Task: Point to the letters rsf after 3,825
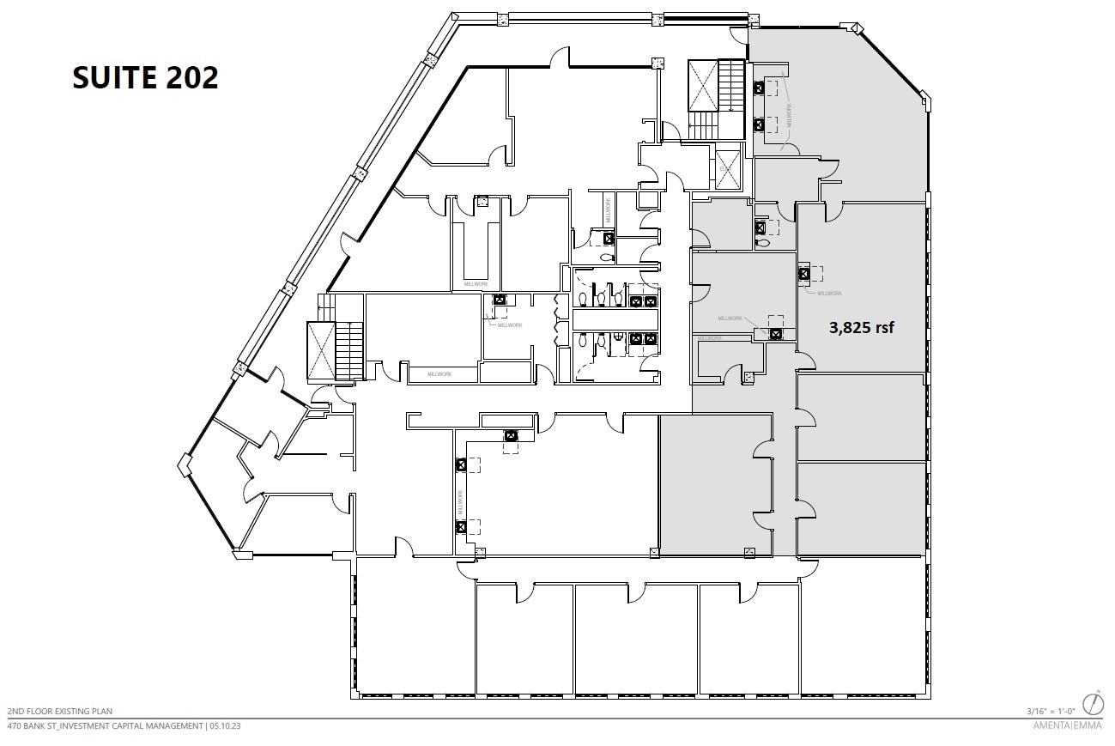[x=886, y=327]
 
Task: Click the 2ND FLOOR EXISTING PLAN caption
[x=60, y=712]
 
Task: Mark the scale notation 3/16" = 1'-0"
[x=1051, y=711]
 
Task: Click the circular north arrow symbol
[x=1093, y=704]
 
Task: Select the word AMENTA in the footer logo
[x=1048, y=726]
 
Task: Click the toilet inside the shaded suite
[x=761, y=243]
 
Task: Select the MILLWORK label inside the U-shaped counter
[x=476, y=283]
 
